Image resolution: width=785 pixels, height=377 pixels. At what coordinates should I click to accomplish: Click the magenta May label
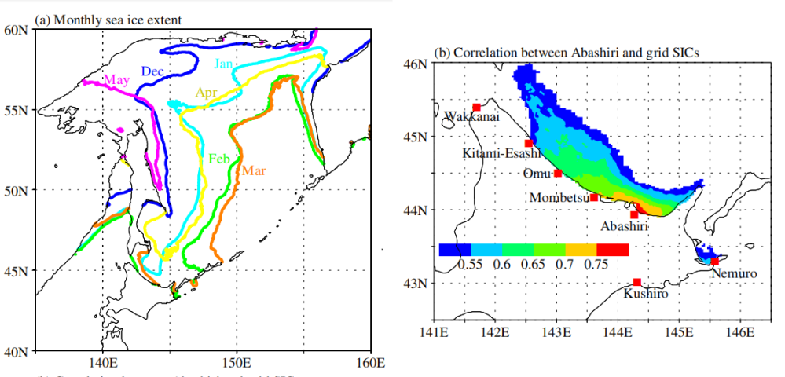pyautogui.click(x=116, y=81)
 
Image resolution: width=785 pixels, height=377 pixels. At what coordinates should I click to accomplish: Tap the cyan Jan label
pyautogui.click(x=224, y=64)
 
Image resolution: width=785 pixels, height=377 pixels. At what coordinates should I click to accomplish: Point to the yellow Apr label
pyautogui.click(x=206, y=93)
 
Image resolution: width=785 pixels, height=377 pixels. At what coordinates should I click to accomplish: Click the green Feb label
pyautogui.click(x=219, y=159)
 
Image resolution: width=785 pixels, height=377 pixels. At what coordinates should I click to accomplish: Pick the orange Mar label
pyautogui.click(x=253, y=170)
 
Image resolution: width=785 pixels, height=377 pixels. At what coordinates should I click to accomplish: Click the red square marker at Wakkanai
pyautogui.click(x=477, y=108)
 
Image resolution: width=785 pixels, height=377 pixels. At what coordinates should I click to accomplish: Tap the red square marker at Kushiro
pyautogui.click(x=636, y=282)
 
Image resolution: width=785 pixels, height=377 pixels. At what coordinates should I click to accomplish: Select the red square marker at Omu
pyautogui.click(x=558, y=174)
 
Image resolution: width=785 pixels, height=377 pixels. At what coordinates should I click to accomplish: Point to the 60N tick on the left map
pyautogui.click(x=17, y=30)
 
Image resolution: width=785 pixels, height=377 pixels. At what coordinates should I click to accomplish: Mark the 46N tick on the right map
pyautogui.click(x=416, y=62)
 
